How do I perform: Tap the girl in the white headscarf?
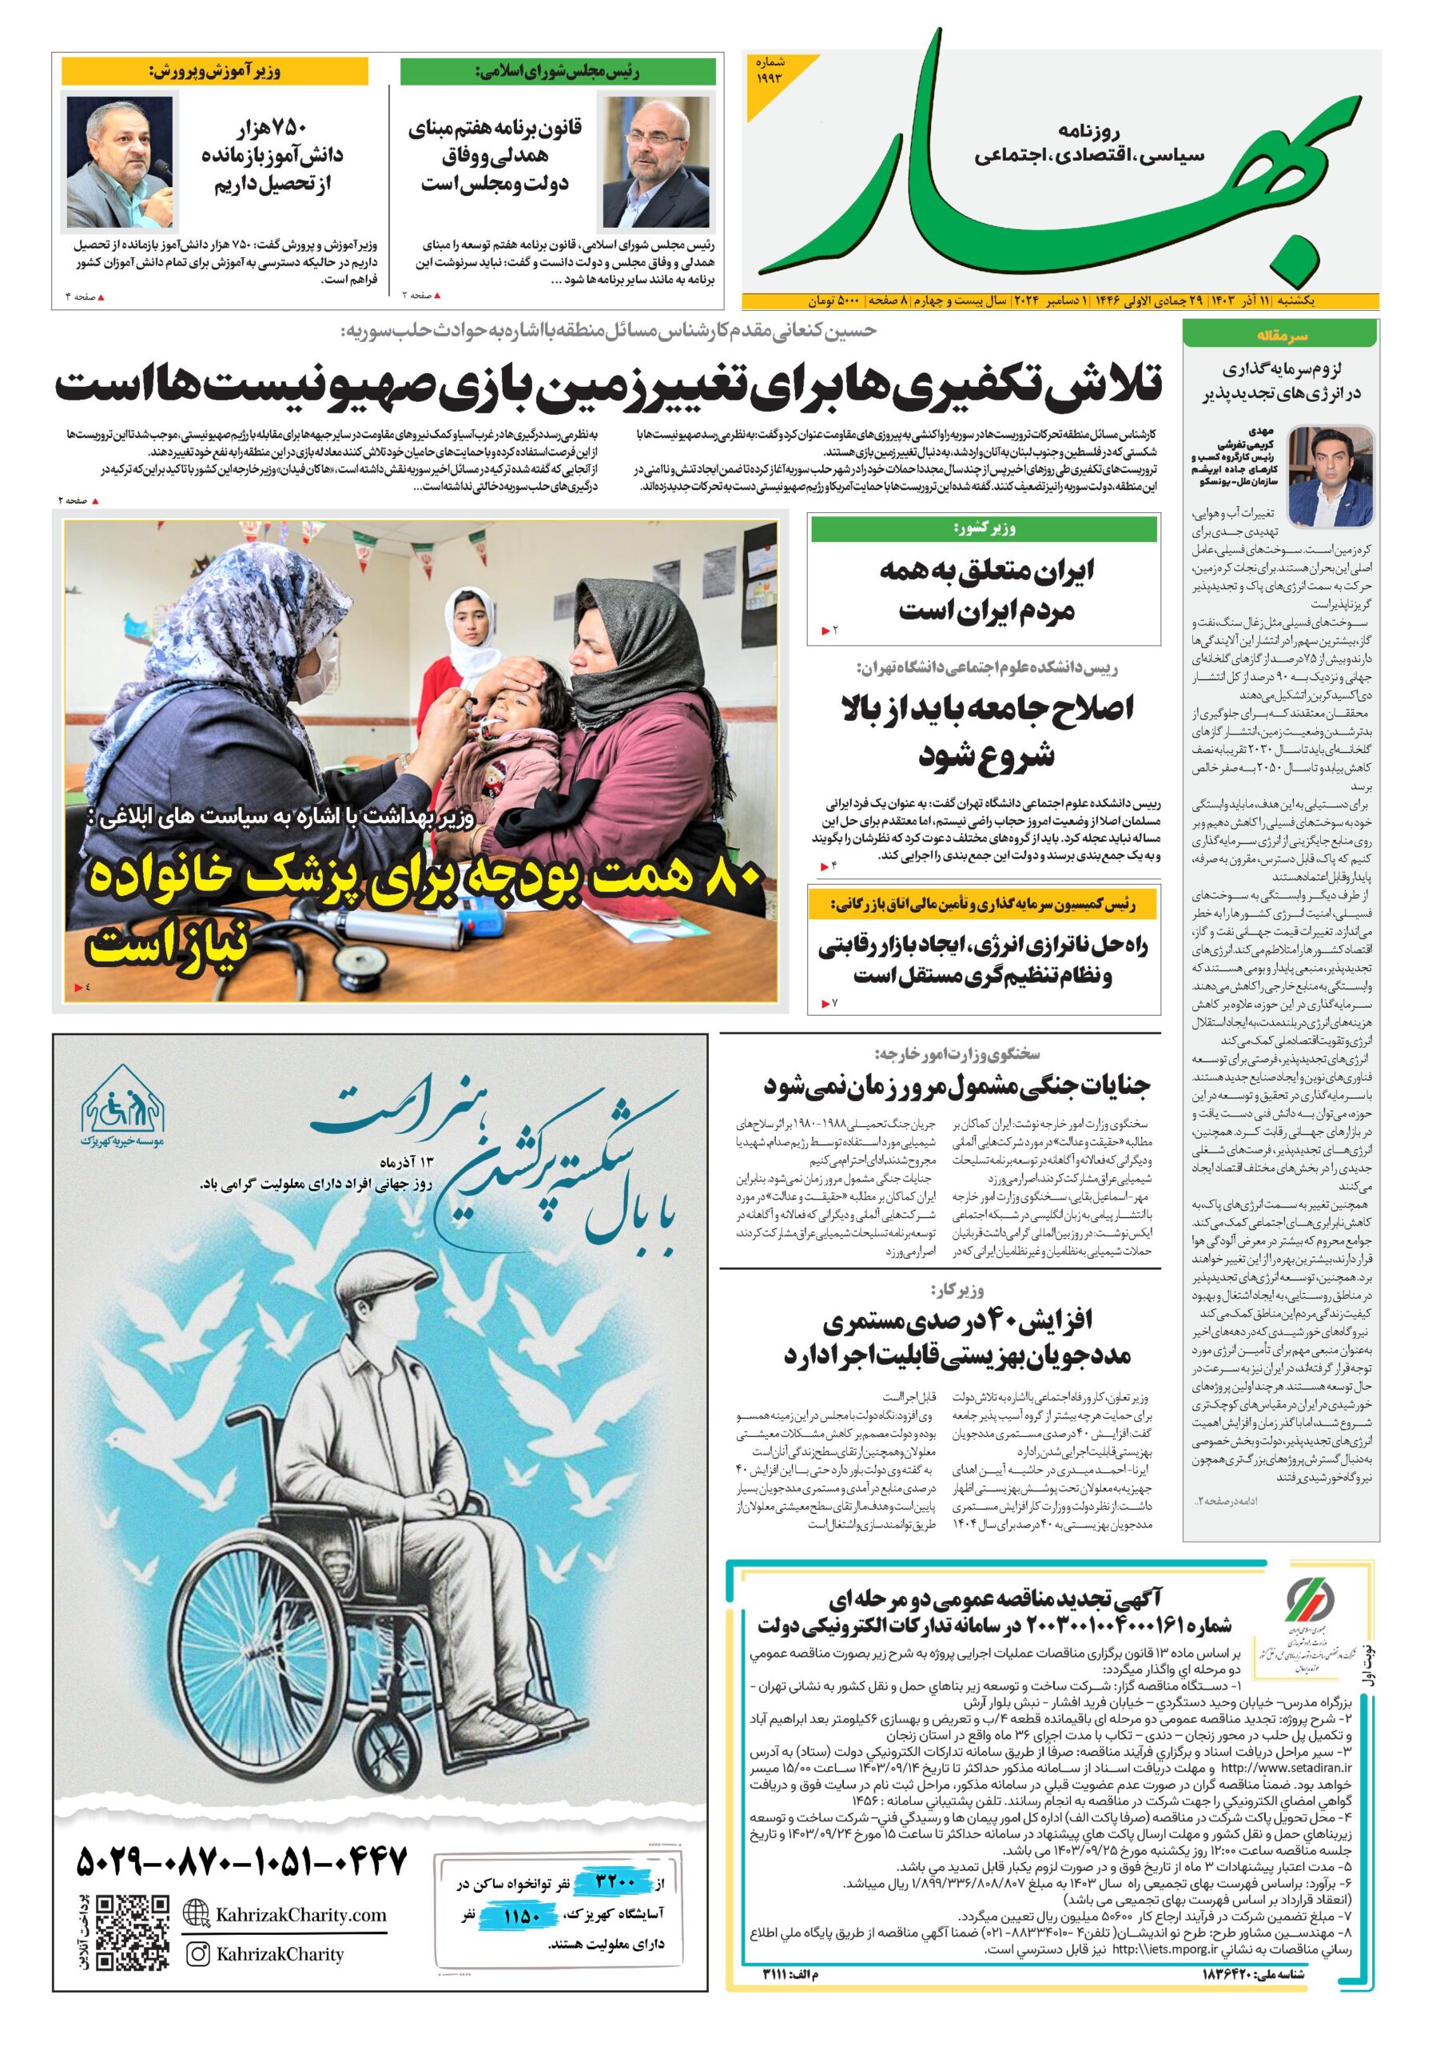[473, 633]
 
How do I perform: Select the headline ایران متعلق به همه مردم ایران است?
[985, 590]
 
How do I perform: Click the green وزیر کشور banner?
[984, 529]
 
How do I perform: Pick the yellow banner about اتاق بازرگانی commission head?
[984, 906]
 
